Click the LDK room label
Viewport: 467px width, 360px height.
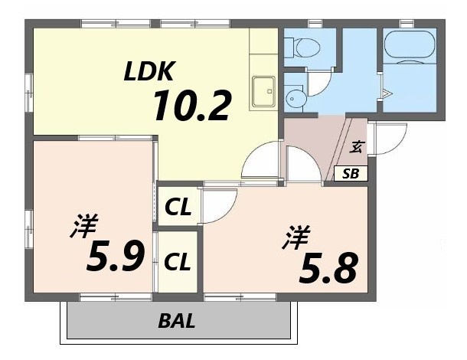(151, 71)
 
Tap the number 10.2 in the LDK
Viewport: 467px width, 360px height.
(191, 106)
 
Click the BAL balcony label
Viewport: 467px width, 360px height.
(177, 320)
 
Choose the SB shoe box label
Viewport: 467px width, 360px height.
(351, 174)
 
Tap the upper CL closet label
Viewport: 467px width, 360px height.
(178, 208)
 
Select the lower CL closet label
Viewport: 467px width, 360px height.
(178, 262)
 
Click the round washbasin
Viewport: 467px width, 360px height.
(295, 98)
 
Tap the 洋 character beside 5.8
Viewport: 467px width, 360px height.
(293, 235)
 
